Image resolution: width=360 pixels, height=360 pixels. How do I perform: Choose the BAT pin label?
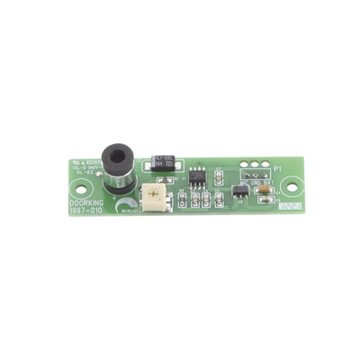[x=267, y=181]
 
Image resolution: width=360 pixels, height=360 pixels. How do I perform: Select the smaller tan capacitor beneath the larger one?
[x=266, y=200]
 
